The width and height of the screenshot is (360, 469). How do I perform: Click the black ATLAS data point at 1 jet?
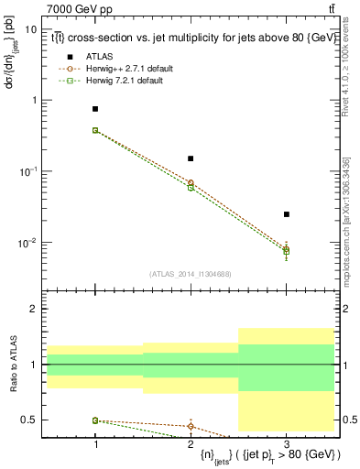tap(95, 109)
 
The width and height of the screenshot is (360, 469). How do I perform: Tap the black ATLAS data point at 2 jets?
tap(191, 158)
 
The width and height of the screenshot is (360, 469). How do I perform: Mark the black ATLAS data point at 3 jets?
tap(286, 214)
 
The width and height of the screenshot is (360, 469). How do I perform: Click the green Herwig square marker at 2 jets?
tap(191, 187)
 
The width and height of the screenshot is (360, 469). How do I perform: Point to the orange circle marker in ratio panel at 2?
tap(191, 426)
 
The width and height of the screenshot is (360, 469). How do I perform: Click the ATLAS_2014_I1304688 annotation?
tap(190, 274)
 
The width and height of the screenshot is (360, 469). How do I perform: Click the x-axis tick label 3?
tap(286, 442)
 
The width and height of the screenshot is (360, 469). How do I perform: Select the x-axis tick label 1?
tap(95, 442)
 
